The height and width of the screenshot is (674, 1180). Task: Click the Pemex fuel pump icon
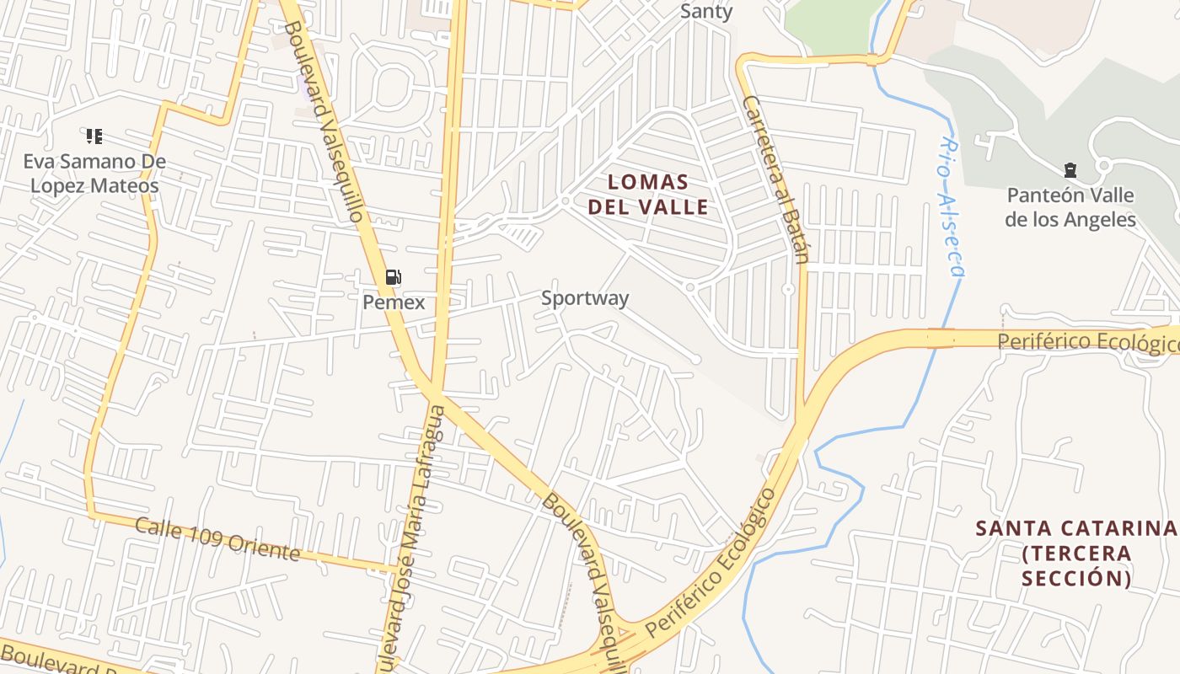click(x=393, y=276)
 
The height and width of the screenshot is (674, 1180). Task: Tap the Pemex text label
click(x=394, y=302)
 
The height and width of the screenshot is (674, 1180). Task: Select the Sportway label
click(x=584, y=298)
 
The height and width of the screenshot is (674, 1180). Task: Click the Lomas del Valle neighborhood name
click(x=648, y=194)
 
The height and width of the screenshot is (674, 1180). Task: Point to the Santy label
click(x=706, y=12)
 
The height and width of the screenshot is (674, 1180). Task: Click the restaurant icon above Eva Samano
click(x=94, y=136)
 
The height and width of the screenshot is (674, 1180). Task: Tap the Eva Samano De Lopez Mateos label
click(x=94, y=174)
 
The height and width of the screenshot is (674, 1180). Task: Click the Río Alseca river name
click(x=951, y=207)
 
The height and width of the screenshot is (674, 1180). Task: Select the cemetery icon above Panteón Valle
click(x=1070, y=170)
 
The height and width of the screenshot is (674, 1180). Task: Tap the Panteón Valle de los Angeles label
click(x=1071, y=207)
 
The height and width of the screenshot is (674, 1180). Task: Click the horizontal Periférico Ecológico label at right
click(x=1087, y=342)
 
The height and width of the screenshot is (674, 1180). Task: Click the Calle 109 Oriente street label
click(x=217, y=539)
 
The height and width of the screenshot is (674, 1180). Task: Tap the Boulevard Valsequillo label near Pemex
click(x=324, y=121)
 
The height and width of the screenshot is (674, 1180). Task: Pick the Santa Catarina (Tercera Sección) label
click(x=1075, y=553)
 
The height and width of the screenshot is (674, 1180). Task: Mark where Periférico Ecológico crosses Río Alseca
click(x=941, y=339)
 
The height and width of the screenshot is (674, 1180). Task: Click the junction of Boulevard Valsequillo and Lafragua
click(x=435, y=391)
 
